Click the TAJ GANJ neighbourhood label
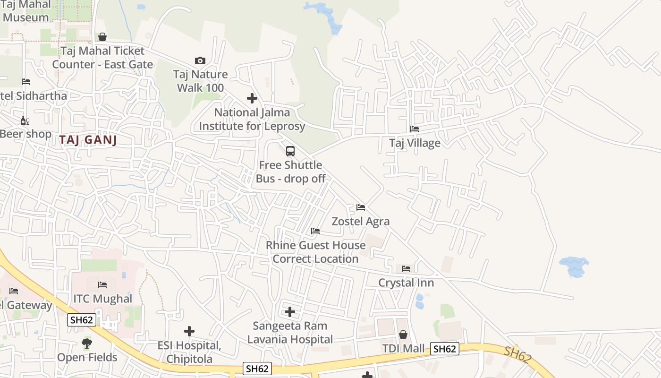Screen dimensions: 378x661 (88, 139)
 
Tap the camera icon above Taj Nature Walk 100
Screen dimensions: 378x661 (200, 60)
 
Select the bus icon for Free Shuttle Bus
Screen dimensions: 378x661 (290, 151)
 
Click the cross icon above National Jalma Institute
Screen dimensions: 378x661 (252, 98)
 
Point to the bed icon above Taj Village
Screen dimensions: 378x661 (415, 129)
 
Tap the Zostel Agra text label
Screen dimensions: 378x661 (361, 221)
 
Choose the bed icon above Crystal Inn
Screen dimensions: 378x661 (406, 268)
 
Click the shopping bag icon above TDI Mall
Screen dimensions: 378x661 (403, 335)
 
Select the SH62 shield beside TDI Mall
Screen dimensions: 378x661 (445, 349)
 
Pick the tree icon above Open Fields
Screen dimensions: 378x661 (86, 344)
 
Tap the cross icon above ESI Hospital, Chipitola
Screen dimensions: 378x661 (189, 331)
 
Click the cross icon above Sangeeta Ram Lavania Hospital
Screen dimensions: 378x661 (290, 312)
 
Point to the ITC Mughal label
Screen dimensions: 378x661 (102, 299)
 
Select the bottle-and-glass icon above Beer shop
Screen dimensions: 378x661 (25, 120)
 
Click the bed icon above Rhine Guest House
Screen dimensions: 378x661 (315, 231)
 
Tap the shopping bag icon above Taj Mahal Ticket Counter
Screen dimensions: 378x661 (102, 37)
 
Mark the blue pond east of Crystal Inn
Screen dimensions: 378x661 (574, 266)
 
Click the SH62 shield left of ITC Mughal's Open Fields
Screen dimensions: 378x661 (82, 320)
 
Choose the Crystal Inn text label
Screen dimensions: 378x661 (406, 283)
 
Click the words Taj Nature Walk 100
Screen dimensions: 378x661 (200, 81)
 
